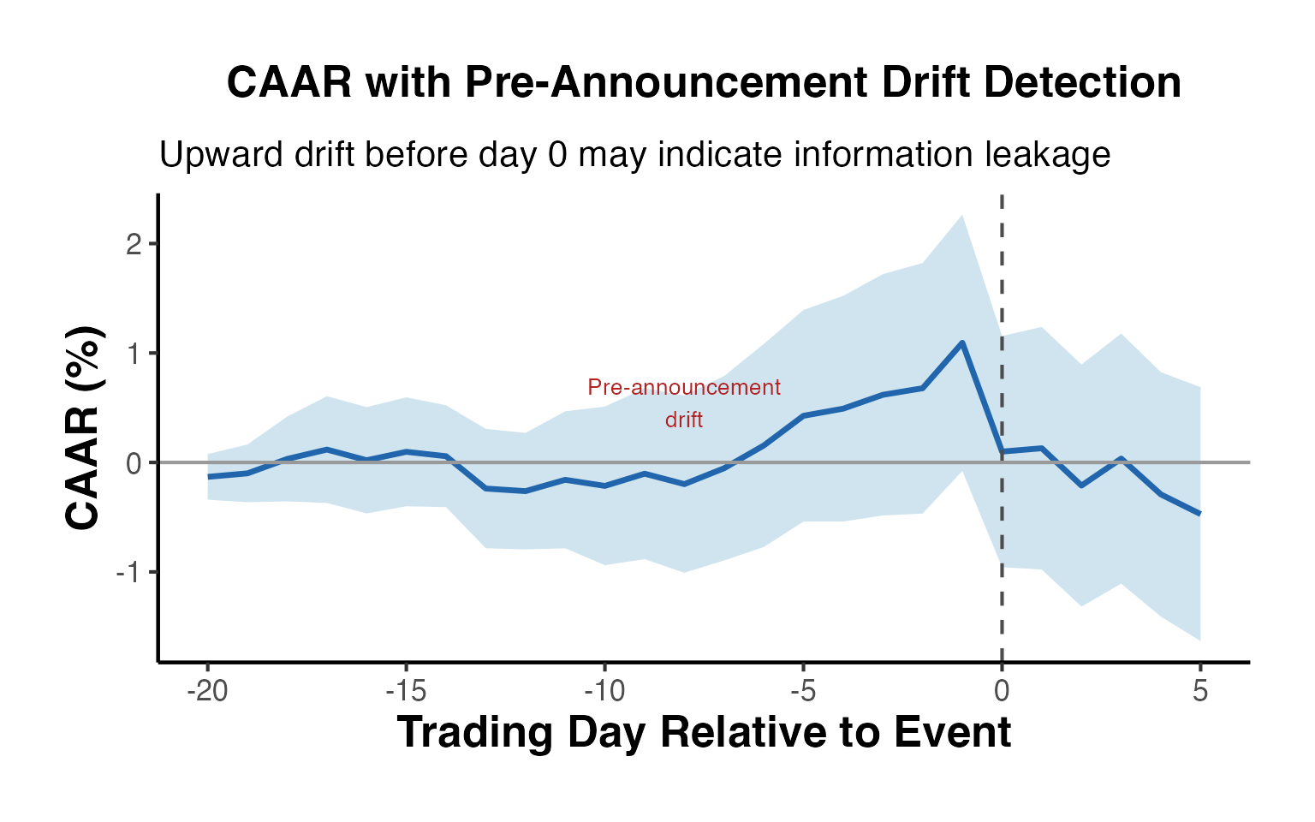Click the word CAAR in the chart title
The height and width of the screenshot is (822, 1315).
coord(289,83)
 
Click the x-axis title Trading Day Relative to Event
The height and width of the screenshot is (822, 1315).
coord(704,733)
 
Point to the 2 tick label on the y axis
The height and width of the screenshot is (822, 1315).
coord(133,244)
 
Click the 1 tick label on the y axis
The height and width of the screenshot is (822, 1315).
coord(133,354)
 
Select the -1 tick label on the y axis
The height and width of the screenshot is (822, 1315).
coord(128,572)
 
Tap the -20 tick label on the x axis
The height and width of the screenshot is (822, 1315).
coord(207,691)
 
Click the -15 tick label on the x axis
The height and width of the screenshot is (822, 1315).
coord(406,691)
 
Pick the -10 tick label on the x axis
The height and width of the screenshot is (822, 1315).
coord(604,691)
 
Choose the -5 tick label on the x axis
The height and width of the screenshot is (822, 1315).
coord(803,691)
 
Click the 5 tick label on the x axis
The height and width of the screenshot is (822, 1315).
coord(1200,691)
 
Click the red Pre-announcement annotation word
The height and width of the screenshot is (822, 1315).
coord(684,388)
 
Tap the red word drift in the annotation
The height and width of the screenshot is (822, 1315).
coord(684,420)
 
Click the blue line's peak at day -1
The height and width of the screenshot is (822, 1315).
coord(962,342)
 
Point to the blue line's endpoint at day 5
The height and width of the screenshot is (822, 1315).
coord(1199,514)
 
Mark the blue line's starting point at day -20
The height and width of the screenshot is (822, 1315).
coord(208,476)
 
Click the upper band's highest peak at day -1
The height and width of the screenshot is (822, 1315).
coord(962,216)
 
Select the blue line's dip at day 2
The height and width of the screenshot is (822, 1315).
coord(1081,485)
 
